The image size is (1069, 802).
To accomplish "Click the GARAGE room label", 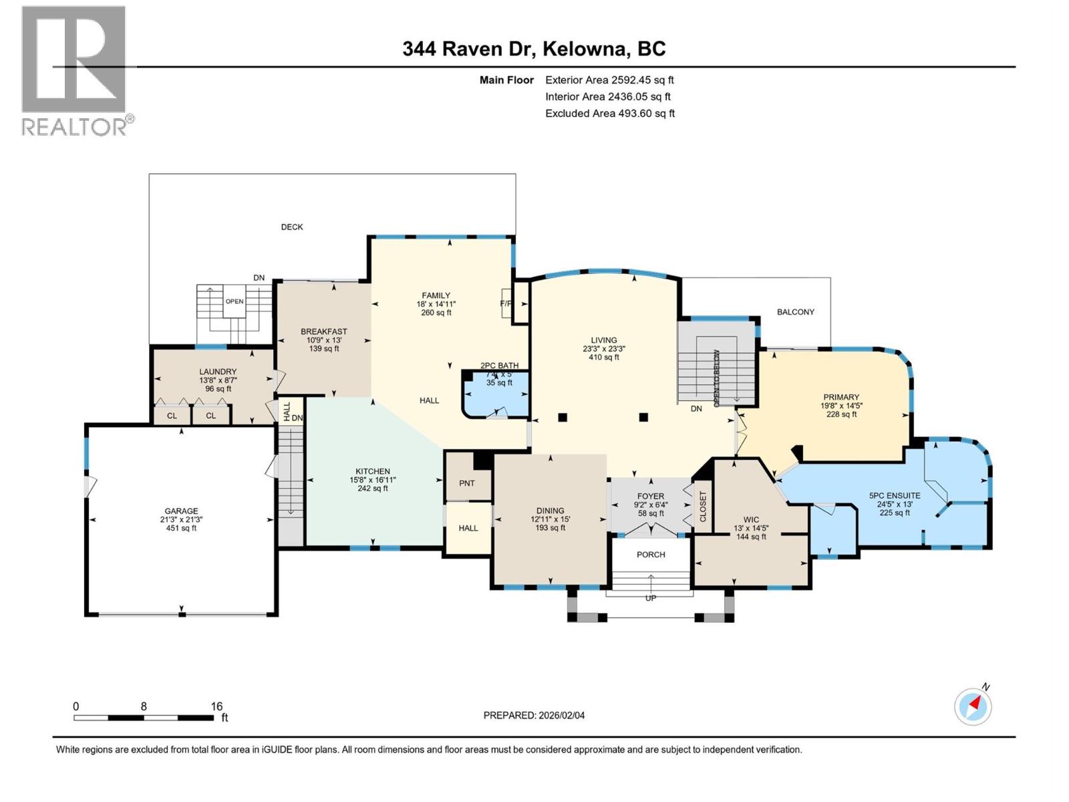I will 181,511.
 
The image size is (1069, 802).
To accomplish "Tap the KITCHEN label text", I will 372,471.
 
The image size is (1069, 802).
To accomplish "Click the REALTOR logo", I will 74,70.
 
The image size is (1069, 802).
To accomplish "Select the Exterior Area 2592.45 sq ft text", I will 609,80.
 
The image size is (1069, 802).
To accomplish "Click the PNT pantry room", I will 467,483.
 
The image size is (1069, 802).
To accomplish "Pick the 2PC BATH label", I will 500,366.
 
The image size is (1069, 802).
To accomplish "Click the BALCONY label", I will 795,312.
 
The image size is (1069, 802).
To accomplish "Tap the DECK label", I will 292,227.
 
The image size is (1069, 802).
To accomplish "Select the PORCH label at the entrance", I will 651,555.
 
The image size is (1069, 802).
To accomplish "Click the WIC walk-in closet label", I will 751,519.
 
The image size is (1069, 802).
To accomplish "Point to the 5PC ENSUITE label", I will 894,495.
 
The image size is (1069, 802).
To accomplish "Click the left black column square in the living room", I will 563,417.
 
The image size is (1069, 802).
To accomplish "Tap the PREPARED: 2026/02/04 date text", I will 534,715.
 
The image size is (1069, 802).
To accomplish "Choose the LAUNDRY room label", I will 218,372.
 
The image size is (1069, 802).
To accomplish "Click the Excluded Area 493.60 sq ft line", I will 609,113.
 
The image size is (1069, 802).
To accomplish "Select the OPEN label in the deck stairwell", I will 234,301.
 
